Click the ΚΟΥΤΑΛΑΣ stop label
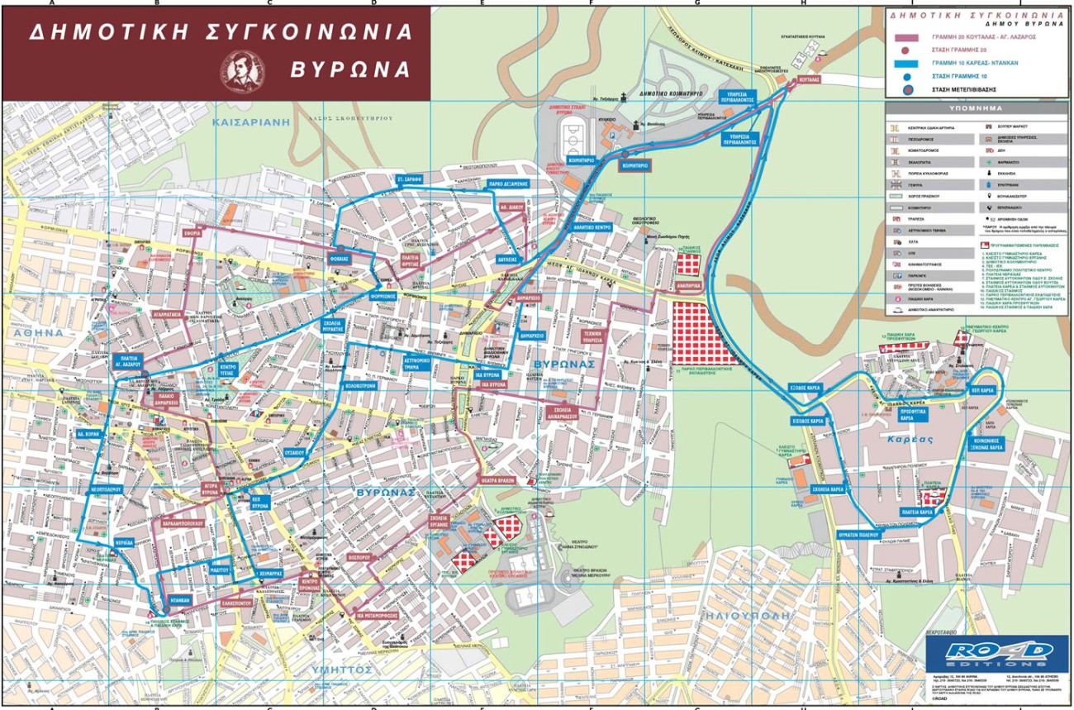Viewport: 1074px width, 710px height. click(x=809, y=79)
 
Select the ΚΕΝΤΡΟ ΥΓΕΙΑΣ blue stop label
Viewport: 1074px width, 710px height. click(x=229, y=369)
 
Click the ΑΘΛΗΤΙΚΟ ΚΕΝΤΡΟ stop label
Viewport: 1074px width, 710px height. click(x=592, y=226)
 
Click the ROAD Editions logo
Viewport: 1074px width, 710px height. click(x=987, y=652)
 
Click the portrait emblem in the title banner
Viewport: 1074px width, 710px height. click(x=241, y=69)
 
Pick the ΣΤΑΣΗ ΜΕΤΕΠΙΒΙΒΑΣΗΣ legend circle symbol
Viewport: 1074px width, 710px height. click(x=907, y=89)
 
